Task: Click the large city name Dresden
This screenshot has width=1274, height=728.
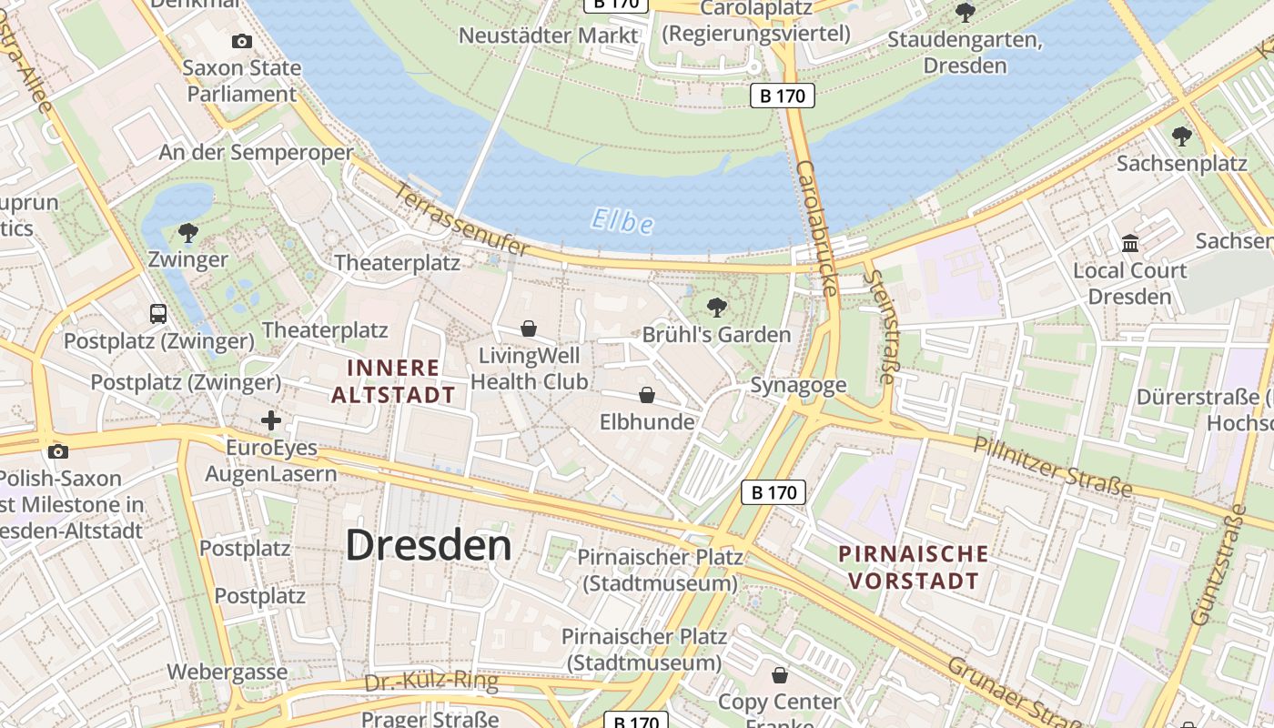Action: click(429, 545)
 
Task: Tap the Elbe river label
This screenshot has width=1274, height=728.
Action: click(622, 221)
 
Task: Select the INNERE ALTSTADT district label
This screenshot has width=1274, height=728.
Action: click(393, 381)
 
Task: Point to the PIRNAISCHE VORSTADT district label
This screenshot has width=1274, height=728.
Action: click(913, 567)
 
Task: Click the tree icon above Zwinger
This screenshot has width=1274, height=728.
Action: click(188, 233)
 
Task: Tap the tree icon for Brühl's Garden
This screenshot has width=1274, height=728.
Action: click(717, 307)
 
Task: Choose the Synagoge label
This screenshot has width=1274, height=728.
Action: click(798, 385)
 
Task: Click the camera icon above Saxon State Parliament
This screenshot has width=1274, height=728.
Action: click(242, 41)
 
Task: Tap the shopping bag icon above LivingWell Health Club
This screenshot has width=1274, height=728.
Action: click(529, 329)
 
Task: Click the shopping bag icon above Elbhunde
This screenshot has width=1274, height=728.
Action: click(647, 395)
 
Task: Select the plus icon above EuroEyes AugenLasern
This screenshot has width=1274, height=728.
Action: click(271, 420)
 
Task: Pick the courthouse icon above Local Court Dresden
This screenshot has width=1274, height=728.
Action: click(1131, 244)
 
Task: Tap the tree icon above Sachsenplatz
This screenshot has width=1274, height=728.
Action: click(1182, 136)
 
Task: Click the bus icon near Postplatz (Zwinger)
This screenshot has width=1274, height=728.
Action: click(158, 314)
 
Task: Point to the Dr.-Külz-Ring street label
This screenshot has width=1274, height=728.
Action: click(431, 682)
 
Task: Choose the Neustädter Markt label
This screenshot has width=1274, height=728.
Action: click(549, 35)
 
